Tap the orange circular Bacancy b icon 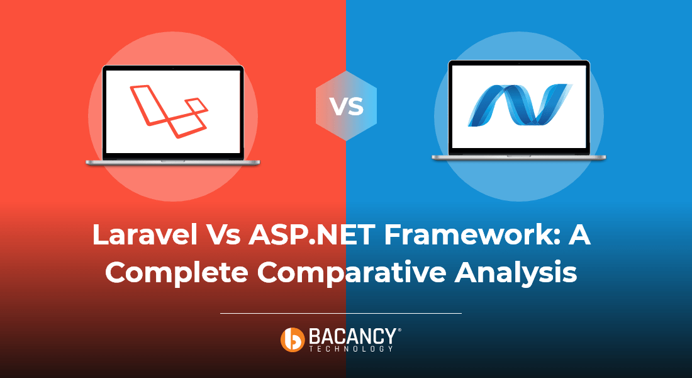293,339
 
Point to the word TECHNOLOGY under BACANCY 351,348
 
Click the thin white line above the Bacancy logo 340,312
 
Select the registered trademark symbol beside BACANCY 399,329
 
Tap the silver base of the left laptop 173,162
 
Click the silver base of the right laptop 519,157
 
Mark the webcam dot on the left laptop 173,67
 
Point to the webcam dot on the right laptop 519,63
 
